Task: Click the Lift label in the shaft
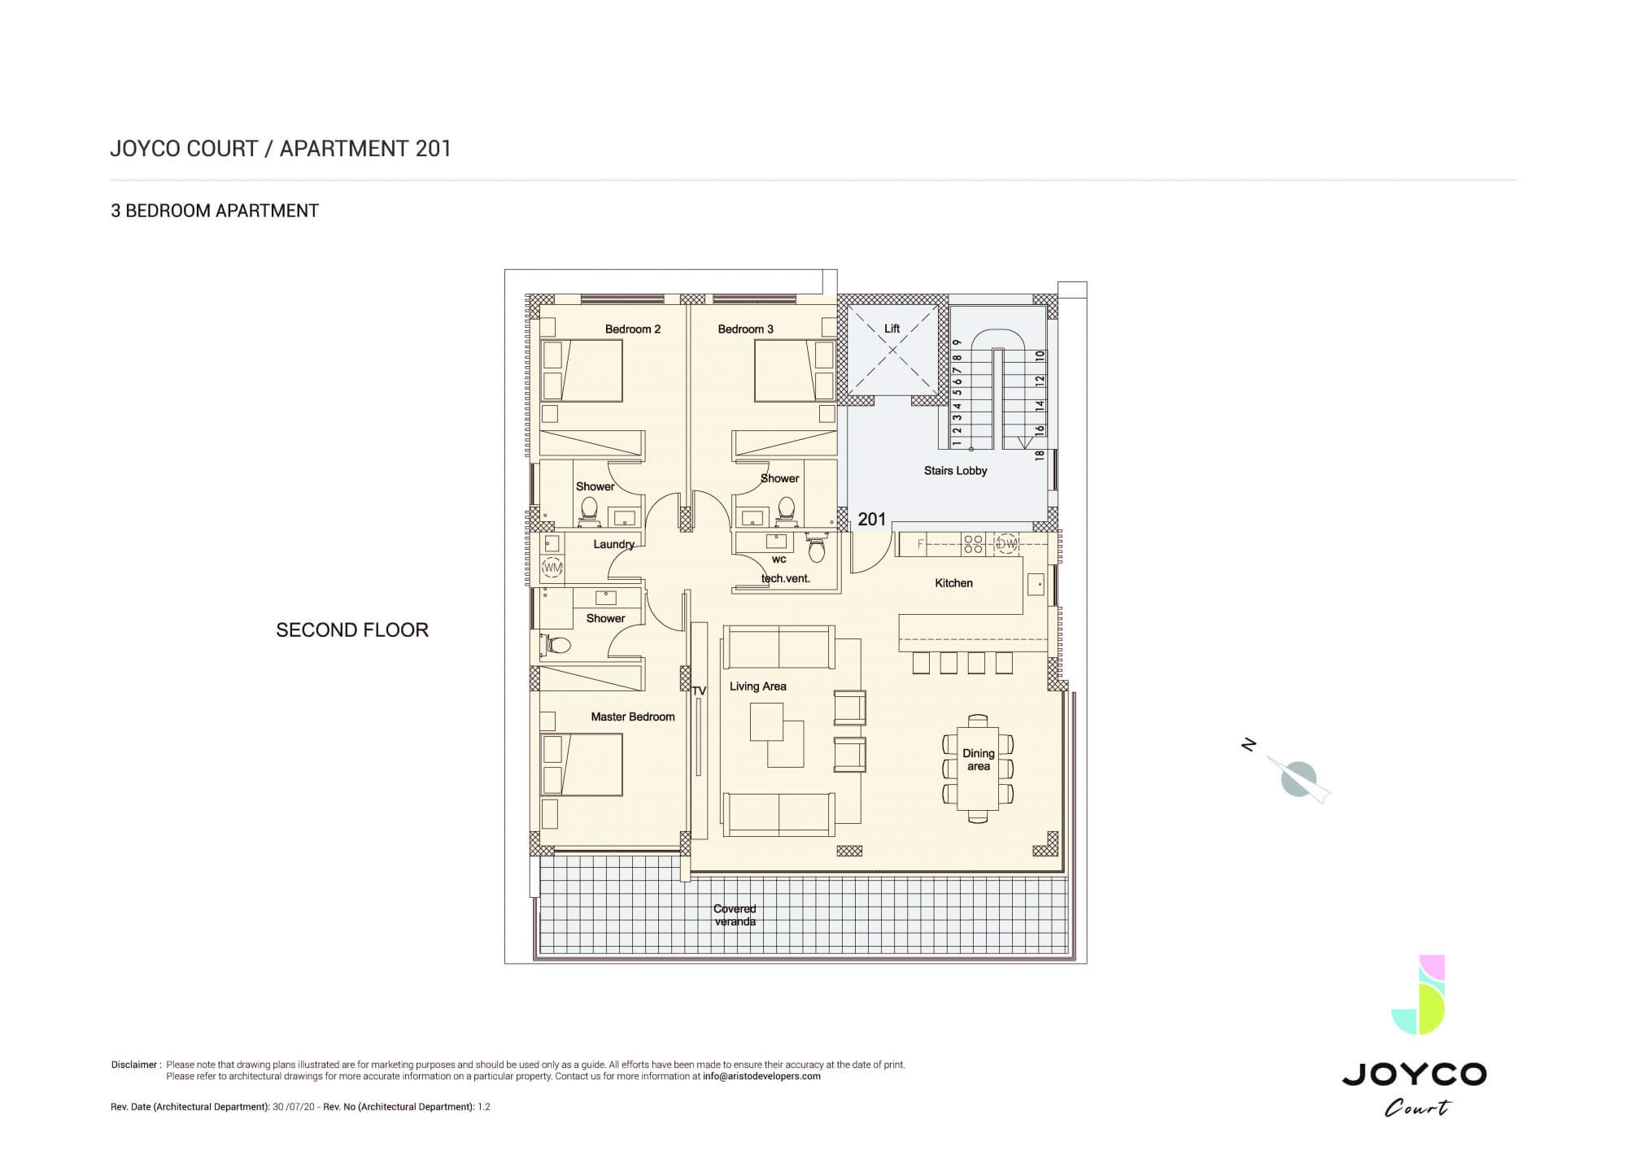(892, 329)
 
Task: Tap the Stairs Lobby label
(955, 470)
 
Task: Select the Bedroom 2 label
(633, 329)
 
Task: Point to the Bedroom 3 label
(745, 329)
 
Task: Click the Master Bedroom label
(633, 717)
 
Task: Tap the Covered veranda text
(735, 915)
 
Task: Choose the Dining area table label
(979, 760)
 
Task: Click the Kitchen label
(953, 583)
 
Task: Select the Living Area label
(757, 686)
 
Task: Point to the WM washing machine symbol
(552, 566)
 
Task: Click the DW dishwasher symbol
(1006, 544)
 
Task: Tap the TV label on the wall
(699, 691)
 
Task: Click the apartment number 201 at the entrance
(871, 519)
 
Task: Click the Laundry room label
(613, 544)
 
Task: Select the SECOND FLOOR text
(352, 630)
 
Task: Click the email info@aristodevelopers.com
(761, 1076)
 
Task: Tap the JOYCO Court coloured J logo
(1418, 995)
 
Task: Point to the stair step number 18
(1040, 455)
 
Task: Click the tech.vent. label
(786, 579)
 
